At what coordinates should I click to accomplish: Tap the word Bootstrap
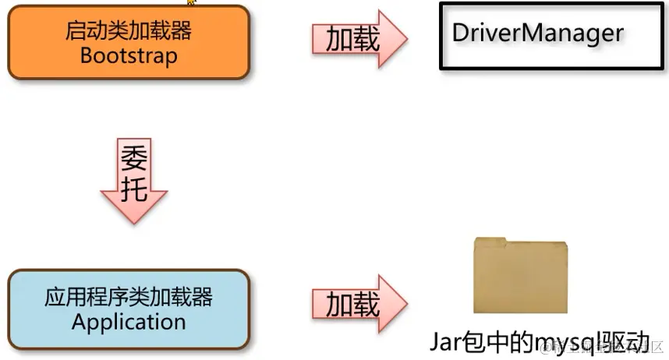coord(129,56)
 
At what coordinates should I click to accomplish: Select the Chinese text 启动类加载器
coord(129,33)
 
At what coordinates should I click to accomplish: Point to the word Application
coord(129,322)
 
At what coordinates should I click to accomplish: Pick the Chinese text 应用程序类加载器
coord(129,297)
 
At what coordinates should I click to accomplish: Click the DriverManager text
coord(538,33)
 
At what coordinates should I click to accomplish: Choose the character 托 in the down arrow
coord(134,188)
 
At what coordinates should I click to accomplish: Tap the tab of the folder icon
coord(490,242)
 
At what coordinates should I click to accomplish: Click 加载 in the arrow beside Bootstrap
coord(352,37)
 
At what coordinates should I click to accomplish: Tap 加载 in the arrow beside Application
coord(352,303)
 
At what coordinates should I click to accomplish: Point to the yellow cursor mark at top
coord(191,2)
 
